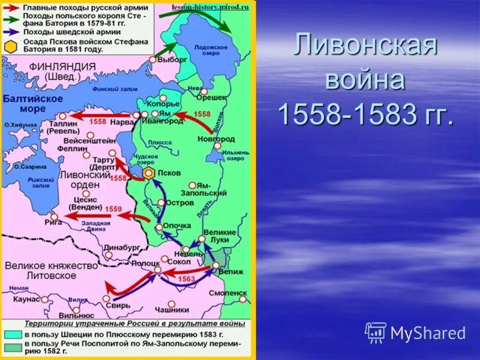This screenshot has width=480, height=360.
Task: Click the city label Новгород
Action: click(216, 139)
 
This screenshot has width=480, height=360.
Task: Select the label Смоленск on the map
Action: click(228, 293)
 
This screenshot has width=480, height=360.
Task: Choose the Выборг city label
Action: click(173, 59)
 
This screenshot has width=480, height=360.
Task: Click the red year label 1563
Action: click(187, 279)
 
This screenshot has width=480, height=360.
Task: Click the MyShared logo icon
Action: click(376, 332)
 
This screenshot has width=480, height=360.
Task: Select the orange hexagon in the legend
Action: click(9, 46)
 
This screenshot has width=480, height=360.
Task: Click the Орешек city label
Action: click(212, 97)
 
